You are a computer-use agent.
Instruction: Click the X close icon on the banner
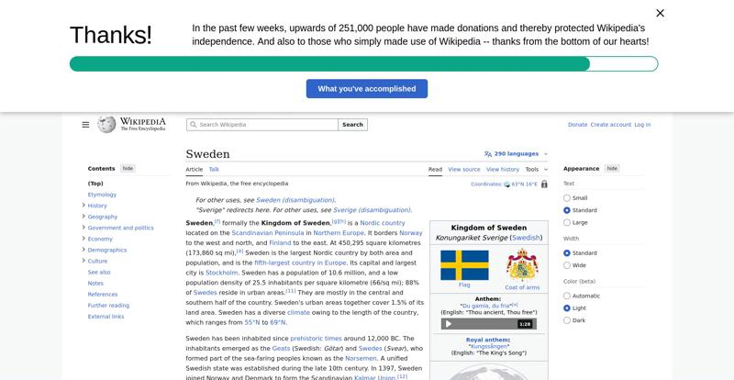tap(660, 13)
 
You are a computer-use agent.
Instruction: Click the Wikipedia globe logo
tap(106, 124)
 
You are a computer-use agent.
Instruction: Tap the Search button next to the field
tap(352, 125)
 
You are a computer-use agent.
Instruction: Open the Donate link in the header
tap(577, 125)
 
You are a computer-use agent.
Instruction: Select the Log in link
tap(642, 125)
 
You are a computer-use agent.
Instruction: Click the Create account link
tap(611, 125)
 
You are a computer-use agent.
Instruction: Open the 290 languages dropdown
tap(516, 154)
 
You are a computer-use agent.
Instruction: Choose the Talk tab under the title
tap(214, 170)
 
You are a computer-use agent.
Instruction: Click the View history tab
tap(502, 170)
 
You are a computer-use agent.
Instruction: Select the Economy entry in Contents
tap(100, 239)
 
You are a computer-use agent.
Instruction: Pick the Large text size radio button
tap(567, 223)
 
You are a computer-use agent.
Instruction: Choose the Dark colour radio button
tap(567, 320)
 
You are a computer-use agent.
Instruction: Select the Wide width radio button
tap(567, 265)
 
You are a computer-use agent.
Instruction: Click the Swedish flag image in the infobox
tap(464, 265)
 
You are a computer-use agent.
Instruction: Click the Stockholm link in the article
tap(222, 273)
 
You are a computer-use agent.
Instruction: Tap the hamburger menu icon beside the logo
tap(85, 125)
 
